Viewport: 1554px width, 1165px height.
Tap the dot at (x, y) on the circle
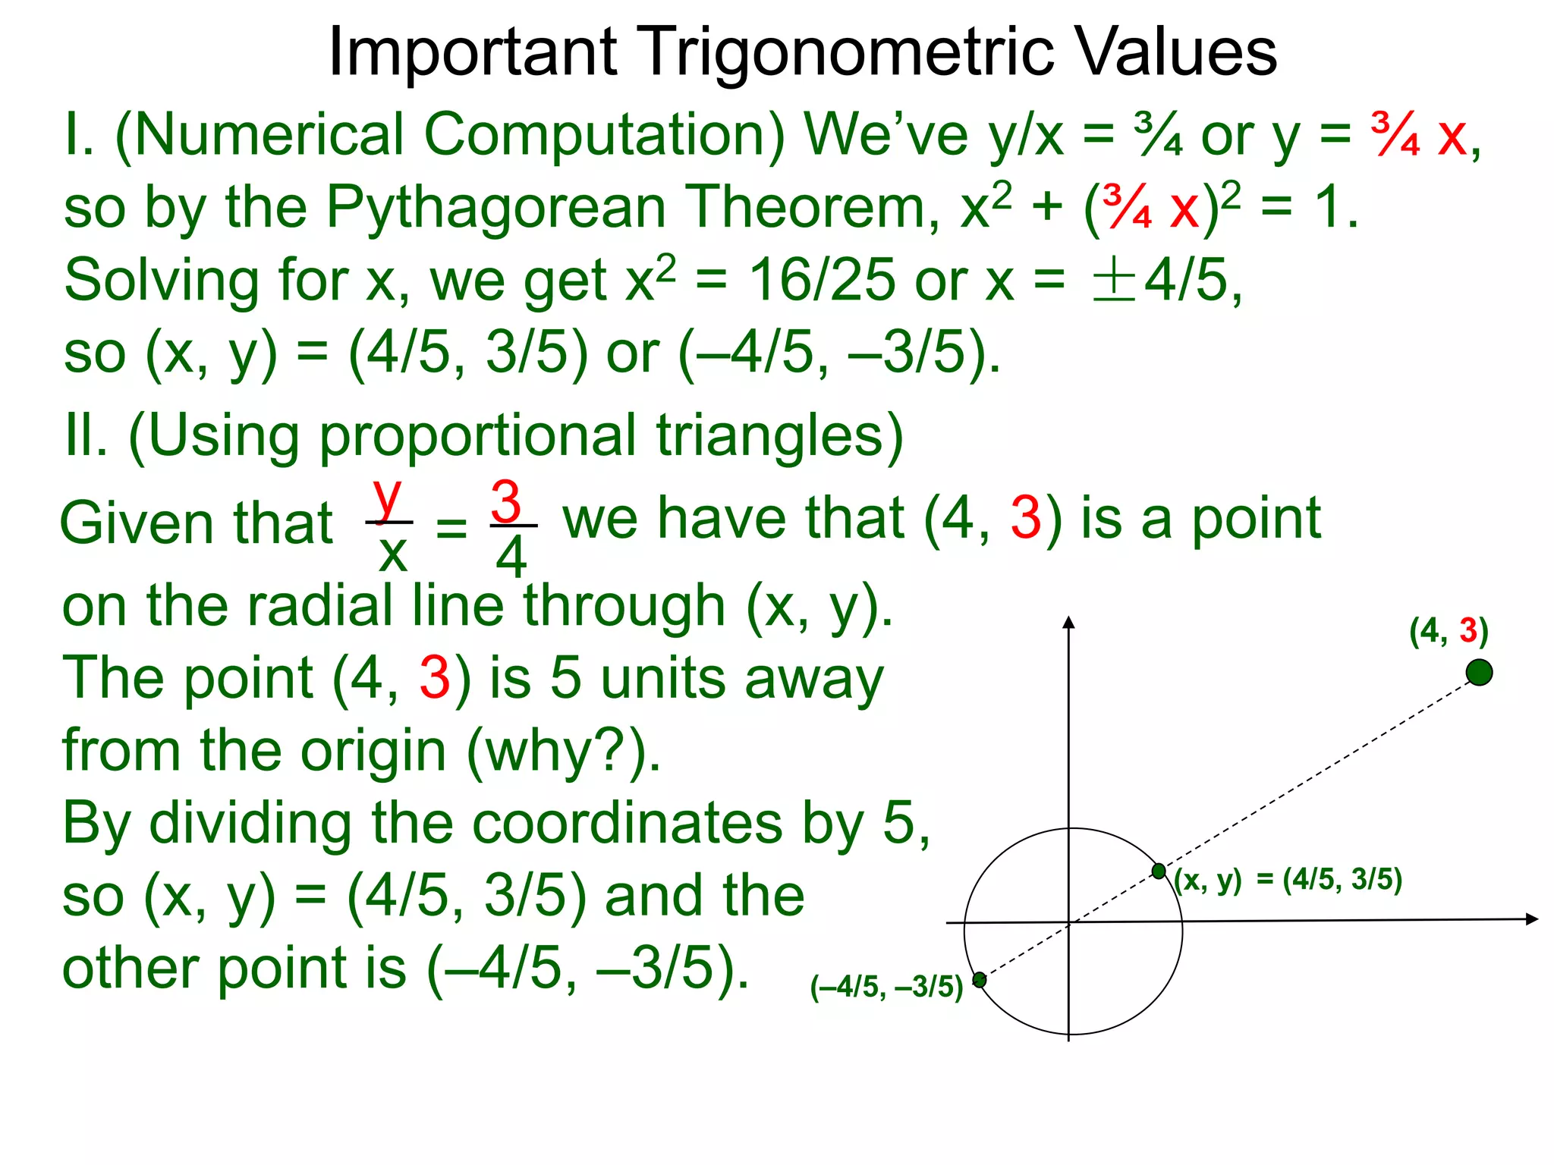pos(1159,871)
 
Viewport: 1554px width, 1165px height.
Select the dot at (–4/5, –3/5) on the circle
pos(980,980)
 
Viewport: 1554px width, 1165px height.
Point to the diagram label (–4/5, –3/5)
pos(886,987)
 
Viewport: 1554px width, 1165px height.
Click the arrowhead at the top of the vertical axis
pos(1069,623)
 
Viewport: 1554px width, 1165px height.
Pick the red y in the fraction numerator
pos(388,497)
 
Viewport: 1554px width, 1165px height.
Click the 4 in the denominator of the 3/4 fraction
pos(511,557)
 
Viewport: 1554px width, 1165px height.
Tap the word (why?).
pos(562,752)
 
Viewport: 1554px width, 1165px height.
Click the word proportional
pos(477,436)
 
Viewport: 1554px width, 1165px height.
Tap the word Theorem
pos(813,209)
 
